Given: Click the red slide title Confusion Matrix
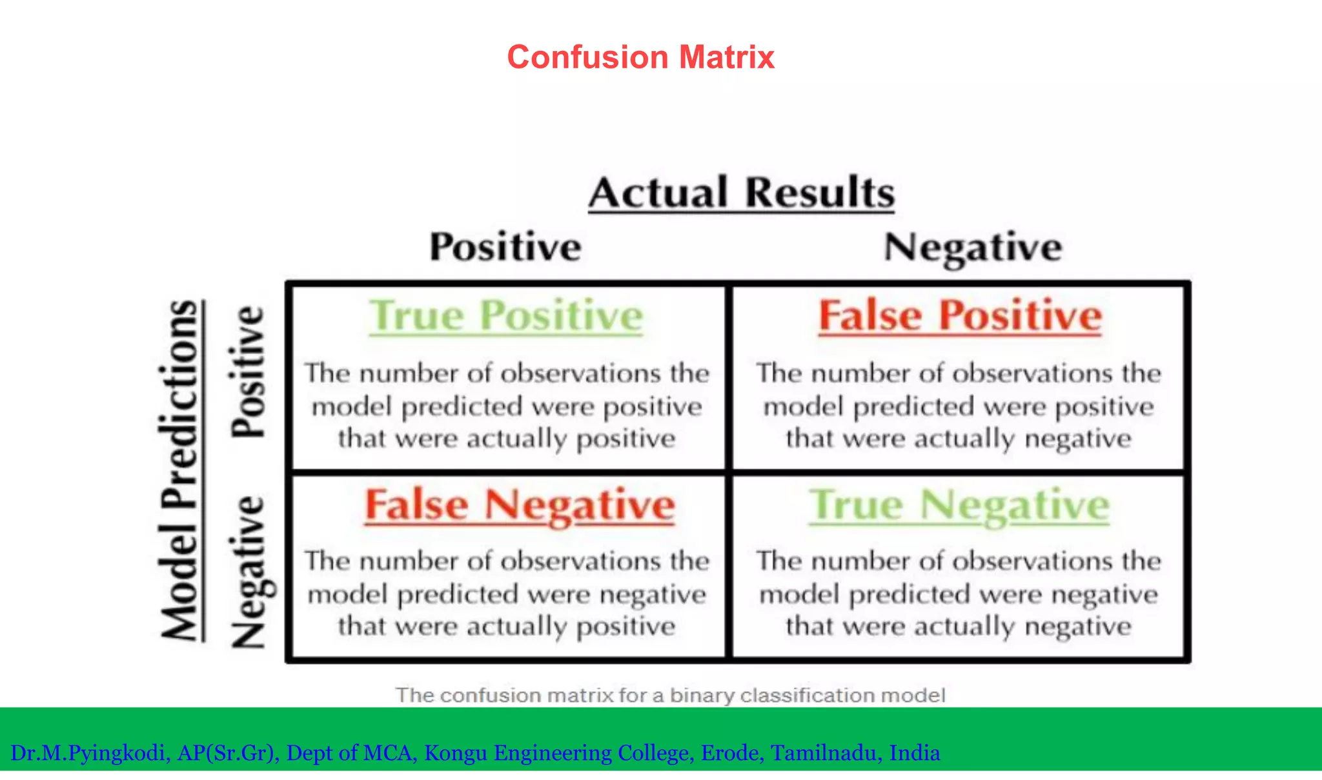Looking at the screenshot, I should pos(640,57).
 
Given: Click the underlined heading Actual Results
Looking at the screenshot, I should pos(741,192).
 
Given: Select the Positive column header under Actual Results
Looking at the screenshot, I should pos(505,247).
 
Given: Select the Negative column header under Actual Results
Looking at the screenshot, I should pos(972,248).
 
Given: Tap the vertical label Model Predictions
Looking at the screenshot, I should pos(180,470).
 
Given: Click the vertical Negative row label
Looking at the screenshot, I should pos(250,571).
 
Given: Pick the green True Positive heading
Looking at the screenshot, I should pos(506,316).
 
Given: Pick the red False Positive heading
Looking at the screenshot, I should pos(960,316).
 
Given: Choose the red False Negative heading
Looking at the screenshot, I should pos(520,505).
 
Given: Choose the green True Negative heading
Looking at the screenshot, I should pos(959,505).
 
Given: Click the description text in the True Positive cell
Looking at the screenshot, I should pos(507,406).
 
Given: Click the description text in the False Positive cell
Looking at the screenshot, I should pos(959,406).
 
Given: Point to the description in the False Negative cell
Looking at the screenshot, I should pos(507,594).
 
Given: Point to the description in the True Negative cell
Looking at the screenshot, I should pos(959,594).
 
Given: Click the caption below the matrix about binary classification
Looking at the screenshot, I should pos(670,695).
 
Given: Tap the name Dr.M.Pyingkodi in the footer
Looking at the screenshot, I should pos(90,753).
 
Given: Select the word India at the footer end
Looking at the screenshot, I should pos(914,753).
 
